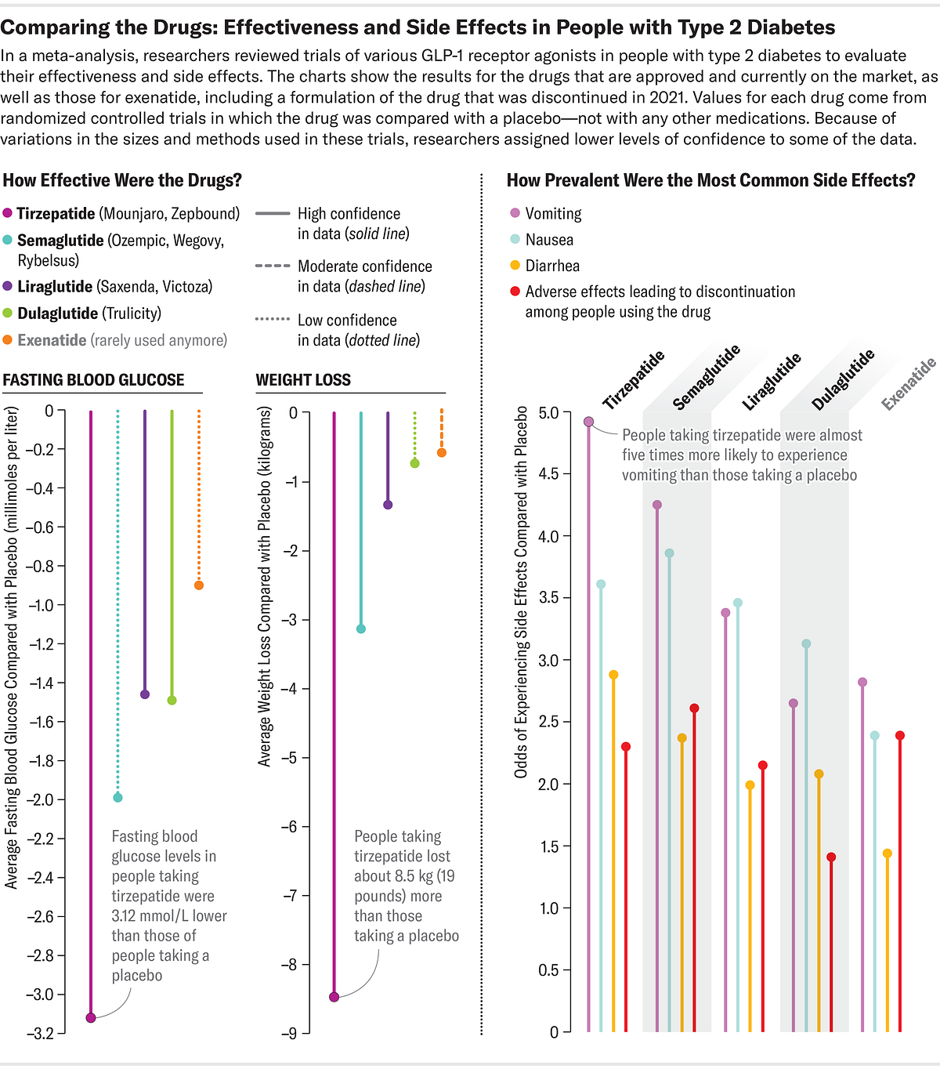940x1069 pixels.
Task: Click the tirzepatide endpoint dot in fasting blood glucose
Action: (x=91, y=1017)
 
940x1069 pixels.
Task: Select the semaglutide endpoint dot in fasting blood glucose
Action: (x=117, y=797)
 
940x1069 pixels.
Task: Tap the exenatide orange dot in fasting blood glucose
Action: (x=199, y=585)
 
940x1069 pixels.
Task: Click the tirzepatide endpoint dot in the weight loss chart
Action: (x=334, y=997)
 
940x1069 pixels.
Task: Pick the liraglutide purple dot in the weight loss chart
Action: (x=388, y=505)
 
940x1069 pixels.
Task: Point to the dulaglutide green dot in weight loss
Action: (x=415, y=463)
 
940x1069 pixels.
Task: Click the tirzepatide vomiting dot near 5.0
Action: (x=589, y=422)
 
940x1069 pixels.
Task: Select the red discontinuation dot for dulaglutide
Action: (x=831, y=857)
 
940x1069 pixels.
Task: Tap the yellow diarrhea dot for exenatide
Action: (x=888, y=853)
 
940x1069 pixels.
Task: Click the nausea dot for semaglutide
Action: (x=669, y=553)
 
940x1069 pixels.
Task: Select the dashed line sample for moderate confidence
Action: (x=273, y=266)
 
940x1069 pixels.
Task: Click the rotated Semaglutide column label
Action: (x=706, y=378)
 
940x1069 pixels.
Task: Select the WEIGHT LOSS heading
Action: (x=303, y=380)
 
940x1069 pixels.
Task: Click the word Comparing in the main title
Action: (x=55, y=27)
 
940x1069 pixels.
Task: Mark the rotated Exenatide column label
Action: (x=909, y=384)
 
